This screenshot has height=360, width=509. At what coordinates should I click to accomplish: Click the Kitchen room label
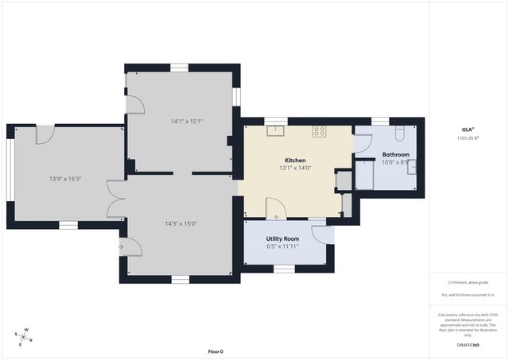(x=295, y=160)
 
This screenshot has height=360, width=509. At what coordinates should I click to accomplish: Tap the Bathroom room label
(x=395, y=154)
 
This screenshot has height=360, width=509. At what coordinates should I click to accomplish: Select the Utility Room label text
(x=282, y=238)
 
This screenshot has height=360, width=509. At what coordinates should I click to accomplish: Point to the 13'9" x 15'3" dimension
(x=65, y=179)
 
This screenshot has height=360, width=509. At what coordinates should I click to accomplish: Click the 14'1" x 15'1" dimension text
(x=186, y=121)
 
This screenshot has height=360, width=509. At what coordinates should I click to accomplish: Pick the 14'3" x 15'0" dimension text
(x=180, y=223)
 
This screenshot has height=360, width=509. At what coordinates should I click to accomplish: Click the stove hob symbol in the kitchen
(x=320, y=132)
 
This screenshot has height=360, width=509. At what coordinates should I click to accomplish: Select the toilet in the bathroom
(x=400, y=132)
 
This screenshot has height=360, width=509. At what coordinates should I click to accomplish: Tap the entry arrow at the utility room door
(x=276, y=215)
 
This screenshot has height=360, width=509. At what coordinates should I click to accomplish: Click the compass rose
(x=25, y=338)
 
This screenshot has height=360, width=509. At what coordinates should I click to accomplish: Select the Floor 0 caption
(x=216, y=351)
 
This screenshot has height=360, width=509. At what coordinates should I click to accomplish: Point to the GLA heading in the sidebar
(x=467, y=129)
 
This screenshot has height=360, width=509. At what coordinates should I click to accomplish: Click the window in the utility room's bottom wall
(x=284, y=269)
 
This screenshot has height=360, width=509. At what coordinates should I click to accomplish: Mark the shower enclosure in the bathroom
(x=365, y=174)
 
